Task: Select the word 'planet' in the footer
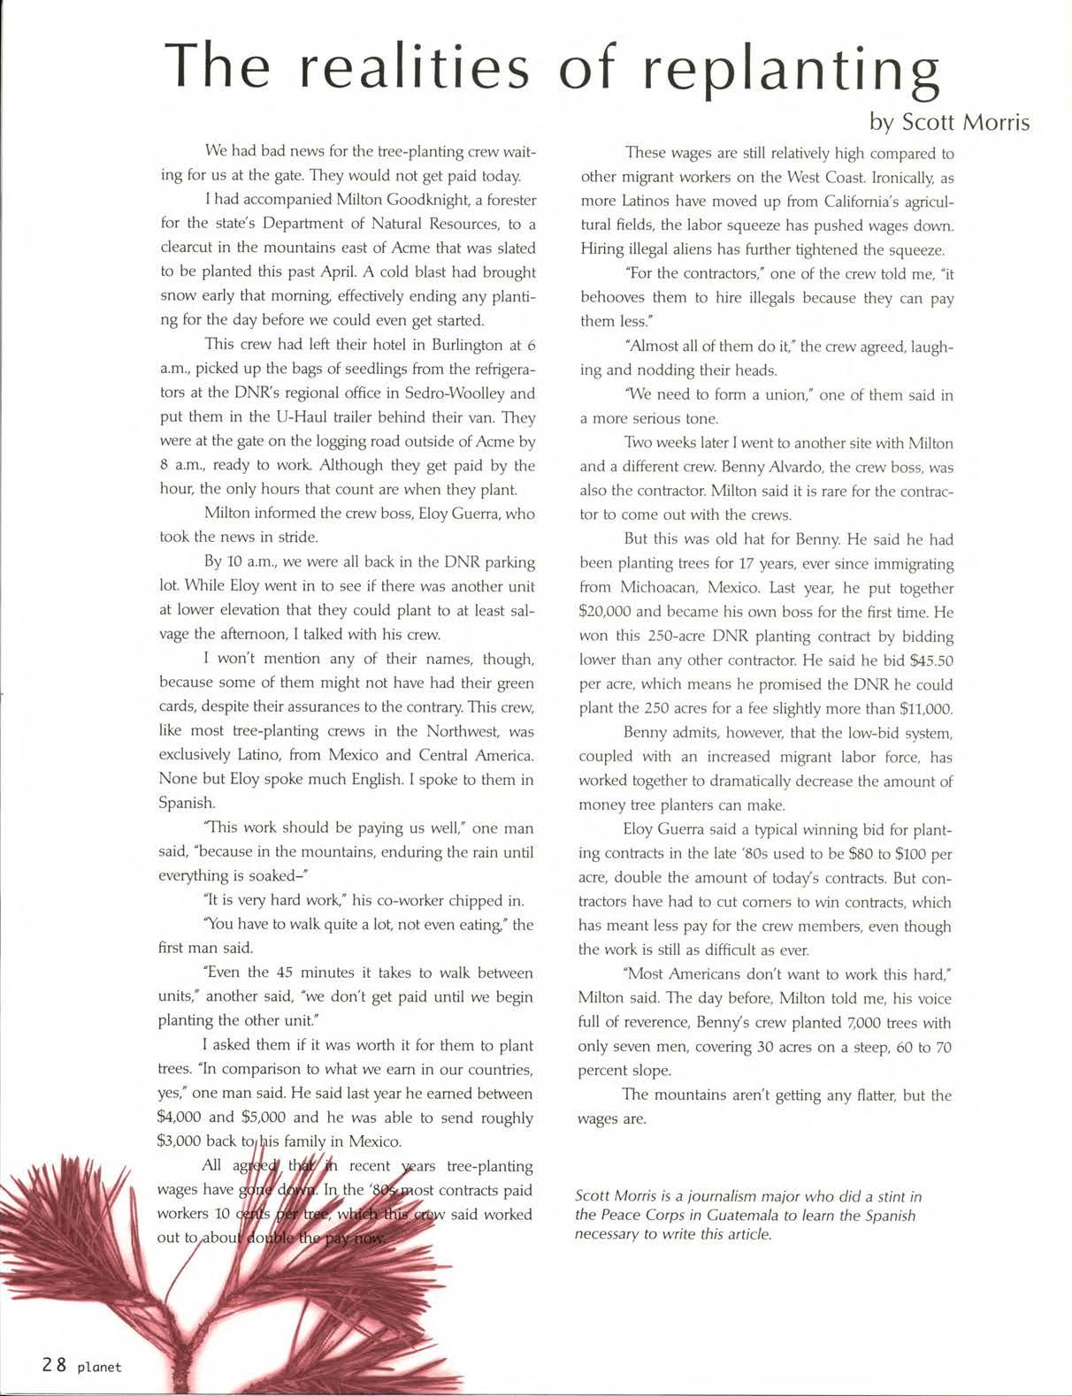click(x=99, y=1367)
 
